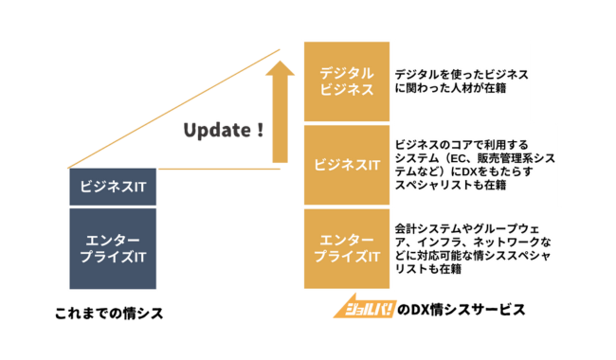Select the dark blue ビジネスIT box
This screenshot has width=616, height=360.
point(113,187)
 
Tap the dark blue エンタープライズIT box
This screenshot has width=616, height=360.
point(113,248)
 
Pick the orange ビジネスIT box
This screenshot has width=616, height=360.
point(347,164)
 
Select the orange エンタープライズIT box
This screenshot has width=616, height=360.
point(347,248)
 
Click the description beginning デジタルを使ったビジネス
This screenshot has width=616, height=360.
point(461,81)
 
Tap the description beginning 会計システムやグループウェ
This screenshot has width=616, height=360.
point(465,249)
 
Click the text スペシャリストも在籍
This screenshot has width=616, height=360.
point(450,186)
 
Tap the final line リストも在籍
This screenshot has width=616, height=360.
point(429,270)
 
